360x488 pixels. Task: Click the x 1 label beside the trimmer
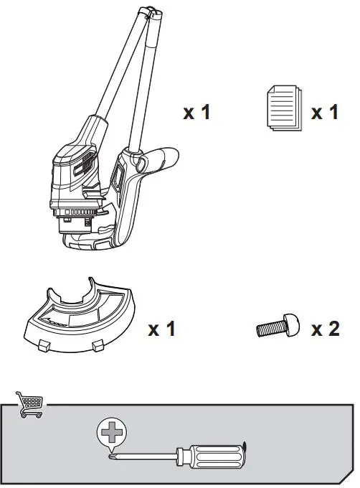(x=196, y=113)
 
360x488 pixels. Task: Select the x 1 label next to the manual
(x=324, y=113)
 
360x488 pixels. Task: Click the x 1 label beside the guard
(x=161, y=329)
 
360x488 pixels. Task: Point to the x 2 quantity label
(x=325, y=329)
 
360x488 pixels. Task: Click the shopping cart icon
(x=29, y=404)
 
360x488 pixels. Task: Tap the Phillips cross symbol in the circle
(x=110, y=433)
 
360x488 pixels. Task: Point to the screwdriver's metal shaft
(x=143, y=455)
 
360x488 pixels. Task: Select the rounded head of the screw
(x=290, y=327)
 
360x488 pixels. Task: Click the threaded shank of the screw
(x=270, y=329)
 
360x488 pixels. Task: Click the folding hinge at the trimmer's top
(x=148, y=13)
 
